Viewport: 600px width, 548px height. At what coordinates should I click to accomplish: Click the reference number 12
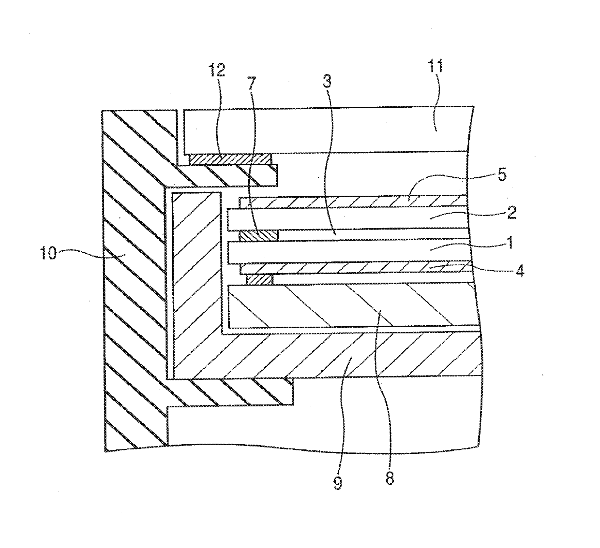point(217,71)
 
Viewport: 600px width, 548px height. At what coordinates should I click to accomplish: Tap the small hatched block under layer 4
point(260,280)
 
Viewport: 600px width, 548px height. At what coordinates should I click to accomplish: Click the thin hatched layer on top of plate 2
point(353,201)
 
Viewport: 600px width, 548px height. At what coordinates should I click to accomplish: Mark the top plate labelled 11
point(324,128)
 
